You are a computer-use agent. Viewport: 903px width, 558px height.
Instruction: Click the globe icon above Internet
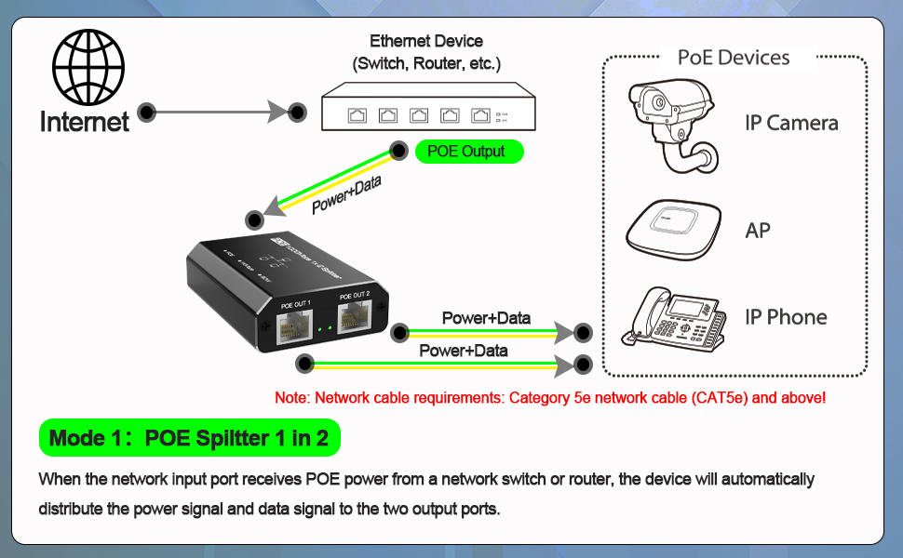coord(88,68)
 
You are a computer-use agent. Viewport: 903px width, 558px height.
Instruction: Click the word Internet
coord(85,122)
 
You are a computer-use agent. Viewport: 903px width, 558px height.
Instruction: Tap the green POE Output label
coord(469,152)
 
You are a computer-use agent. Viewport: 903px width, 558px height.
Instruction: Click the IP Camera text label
coord(791,124)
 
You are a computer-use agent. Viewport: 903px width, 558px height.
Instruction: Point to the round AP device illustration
coord(673,229)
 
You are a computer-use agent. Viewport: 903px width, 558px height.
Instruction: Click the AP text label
coord(758,230)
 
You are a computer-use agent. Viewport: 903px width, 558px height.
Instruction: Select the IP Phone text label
coord(786,317)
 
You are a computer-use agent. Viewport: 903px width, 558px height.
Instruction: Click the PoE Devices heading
coord(734,58)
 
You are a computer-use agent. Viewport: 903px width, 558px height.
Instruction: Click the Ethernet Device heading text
coord(426,42)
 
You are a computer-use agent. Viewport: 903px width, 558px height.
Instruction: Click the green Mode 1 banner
coord(189,438)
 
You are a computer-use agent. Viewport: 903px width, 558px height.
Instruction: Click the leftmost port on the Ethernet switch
coord(358,115)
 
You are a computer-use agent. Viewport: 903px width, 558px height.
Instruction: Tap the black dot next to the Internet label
coord(146,113)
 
